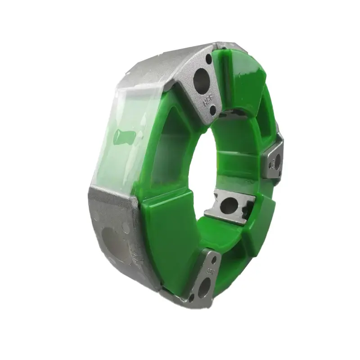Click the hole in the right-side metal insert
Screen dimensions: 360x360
[x=273, y=162]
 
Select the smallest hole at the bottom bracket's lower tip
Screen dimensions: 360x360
[x=192, y=297]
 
